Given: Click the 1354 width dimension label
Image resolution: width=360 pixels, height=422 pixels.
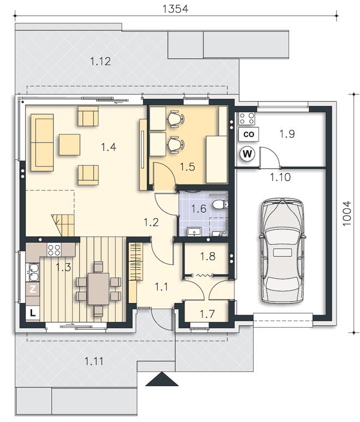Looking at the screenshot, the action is (x=176, y=9).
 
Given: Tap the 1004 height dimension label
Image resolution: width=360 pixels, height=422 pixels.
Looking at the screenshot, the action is (x=347, y=213).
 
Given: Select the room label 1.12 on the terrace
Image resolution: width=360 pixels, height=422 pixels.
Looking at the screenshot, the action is (x=100, y=61).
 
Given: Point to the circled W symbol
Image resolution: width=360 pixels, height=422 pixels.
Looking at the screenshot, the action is (x=247, y=154).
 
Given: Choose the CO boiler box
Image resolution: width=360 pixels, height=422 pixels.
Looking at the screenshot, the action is (x=249, y=134).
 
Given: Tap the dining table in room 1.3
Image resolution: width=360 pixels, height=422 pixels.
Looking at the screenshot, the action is (x=99, y=289).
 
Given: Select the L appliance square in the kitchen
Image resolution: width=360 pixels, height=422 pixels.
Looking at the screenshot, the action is (x=33, y=313).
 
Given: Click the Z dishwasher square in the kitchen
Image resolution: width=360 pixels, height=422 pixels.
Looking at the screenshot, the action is (x=33, y=289).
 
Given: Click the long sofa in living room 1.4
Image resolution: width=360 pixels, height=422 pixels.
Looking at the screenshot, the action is (x=42, y=142).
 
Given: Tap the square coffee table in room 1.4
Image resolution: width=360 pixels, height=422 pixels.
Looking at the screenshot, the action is (x=69, y=145).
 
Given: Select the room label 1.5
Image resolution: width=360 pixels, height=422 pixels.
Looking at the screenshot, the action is (x=188, y=167).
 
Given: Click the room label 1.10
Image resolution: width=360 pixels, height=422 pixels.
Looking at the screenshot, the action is (x=280, y=177).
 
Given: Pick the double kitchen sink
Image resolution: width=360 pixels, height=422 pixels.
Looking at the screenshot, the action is (x=33, y=272).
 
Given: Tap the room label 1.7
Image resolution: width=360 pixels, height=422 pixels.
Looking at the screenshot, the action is (x=207, y=314).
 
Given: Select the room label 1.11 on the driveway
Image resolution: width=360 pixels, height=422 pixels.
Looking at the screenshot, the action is (x=94, y=361).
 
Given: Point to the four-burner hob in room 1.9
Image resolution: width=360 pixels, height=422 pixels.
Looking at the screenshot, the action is (x=247, y=118).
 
